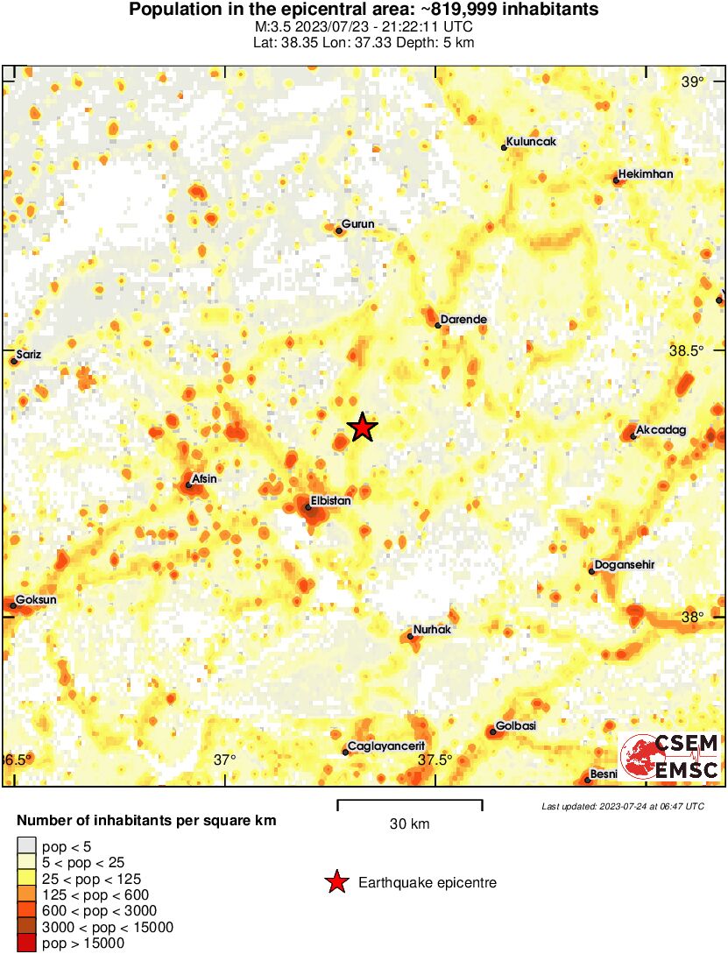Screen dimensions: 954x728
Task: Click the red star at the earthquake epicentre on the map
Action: (362, 428)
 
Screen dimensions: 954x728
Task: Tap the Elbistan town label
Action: (331, 500)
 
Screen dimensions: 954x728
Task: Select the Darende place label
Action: (463, 320)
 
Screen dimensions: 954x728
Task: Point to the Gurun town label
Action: (357, 224)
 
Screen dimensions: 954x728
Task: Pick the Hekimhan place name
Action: (646, 174)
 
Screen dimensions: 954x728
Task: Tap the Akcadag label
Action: (661, 430)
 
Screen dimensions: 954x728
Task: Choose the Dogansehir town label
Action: (626, 565)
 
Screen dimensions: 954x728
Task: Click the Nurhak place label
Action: (432, 630)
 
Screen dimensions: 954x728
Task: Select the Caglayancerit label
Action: (386, 746)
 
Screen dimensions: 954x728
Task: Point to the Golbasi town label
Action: (516, 726)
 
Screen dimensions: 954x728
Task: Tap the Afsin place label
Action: (204, 478)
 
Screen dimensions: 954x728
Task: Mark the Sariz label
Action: (29, 355)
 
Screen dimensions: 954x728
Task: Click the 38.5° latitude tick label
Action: (686, 350)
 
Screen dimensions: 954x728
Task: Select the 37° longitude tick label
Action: (225, 760)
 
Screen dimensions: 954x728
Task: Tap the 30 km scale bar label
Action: (409, 824)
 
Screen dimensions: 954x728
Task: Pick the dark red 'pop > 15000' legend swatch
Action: (27, 943)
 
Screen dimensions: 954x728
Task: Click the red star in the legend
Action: (336, 883)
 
